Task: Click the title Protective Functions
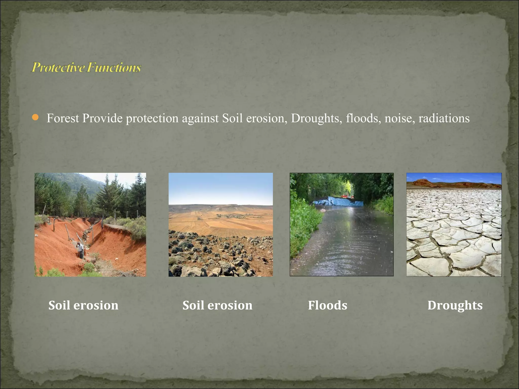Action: click(x=86, y=67)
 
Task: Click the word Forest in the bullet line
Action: click(x=63, y=118)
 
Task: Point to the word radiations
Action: click(x=444, y=118)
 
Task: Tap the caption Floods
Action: click(x=327, y=305)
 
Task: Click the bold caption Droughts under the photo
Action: click(x=455, y=305)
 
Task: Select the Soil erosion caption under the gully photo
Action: click(x=83, y=305)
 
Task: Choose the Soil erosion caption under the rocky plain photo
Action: click(x=217, y=305)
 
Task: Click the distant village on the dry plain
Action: click(x=234, y=216)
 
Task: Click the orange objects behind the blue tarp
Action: click(x=346, y=196)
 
